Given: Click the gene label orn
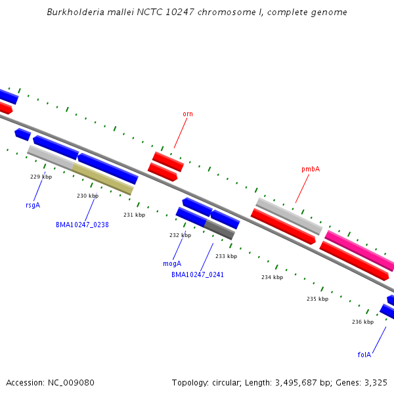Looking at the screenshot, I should (188, 114).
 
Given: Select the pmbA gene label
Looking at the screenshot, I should (311, 169).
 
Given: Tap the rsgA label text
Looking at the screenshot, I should (33, 205).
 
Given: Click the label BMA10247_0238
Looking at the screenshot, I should (82, 225).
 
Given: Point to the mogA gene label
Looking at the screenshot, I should (172, 263).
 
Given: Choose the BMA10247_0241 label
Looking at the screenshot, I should (198, 274).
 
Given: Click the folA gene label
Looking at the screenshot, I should (364, 355).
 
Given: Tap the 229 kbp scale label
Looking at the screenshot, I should (41, 177).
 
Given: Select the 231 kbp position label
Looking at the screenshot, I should (134, 215).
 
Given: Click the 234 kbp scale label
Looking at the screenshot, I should (272, 277).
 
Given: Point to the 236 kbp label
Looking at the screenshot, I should (362, 322).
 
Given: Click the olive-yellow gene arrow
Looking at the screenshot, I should (103, 179).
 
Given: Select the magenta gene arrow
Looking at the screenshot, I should (360, 251).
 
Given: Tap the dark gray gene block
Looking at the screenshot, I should (219, 229).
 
